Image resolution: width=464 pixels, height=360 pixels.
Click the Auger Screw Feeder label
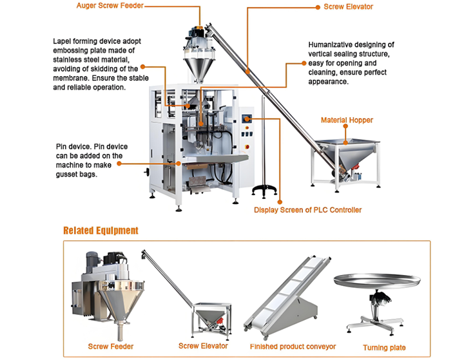coord(110,6)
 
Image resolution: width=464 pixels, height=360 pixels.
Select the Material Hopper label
coord(347,120)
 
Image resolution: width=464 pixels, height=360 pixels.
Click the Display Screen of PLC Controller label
coord(307,210)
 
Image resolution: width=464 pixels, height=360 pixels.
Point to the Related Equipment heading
coord(101,230)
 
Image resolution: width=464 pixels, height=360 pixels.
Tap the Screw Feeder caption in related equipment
coord(111,346)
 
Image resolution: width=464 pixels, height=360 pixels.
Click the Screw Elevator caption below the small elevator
coord(203,346)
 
